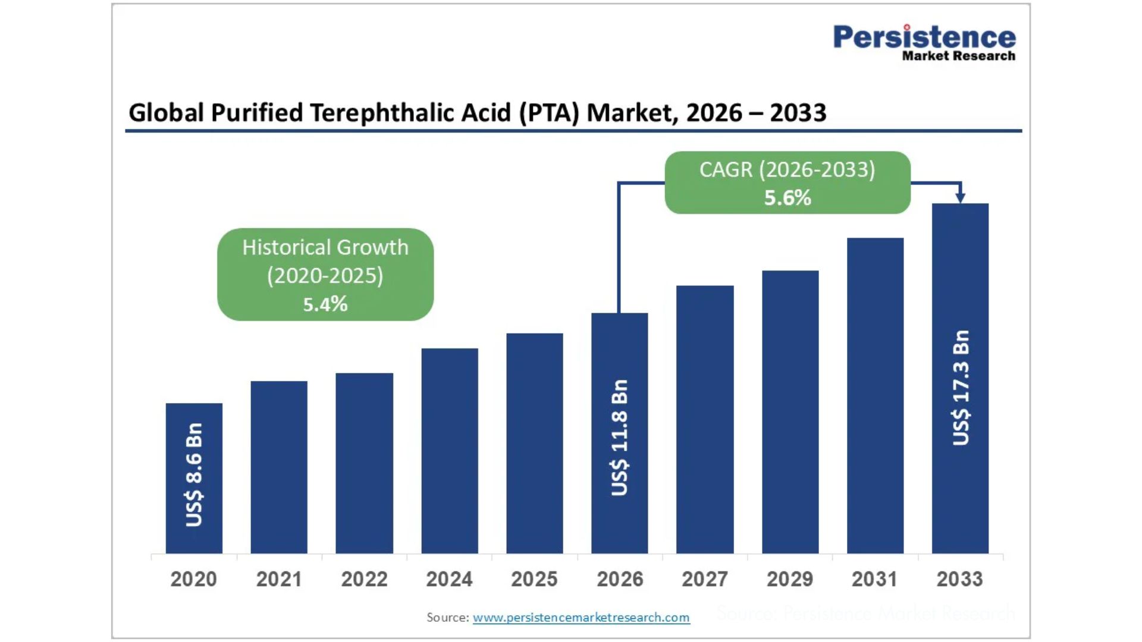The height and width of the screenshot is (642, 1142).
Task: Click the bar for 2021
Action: [x=279, y=467]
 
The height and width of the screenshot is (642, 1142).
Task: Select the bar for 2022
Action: [x=364, y=463]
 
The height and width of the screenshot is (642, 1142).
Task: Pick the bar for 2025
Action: [x=535, y=443]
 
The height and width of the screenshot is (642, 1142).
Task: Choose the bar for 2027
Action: [x=705, y=420]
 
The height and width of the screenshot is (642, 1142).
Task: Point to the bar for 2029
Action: [x=790, y=412]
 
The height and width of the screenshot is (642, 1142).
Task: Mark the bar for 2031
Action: [x=875, y=396]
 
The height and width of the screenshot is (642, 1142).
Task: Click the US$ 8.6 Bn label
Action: [x=194, y=475]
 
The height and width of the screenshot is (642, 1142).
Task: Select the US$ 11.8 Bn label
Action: [x=620, y=438]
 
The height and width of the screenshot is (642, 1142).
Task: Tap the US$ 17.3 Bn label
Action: [x=961, y=388]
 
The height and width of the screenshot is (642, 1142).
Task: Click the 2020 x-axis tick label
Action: [x=194, y=579]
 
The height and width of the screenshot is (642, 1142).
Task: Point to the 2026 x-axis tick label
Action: [x=620, y=579]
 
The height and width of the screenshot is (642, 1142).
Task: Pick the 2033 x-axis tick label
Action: [x=960, y=579]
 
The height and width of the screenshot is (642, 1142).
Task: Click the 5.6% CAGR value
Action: [x=788, y=198]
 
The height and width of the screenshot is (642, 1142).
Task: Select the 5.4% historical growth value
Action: [x=325, y=304]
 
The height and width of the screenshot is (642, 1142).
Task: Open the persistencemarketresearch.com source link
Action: [x=581, y=618]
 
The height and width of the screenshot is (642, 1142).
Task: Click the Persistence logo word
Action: [x=924, y=37]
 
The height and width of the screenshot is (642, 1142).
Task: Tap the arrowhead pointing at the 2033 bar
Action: [x=960, y=197]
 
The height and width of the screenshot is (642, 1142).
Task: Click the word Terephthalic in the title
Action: [x=410, y=113]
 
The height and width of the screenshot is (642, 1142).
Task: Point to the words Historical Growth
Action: [x=325, y=247]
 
